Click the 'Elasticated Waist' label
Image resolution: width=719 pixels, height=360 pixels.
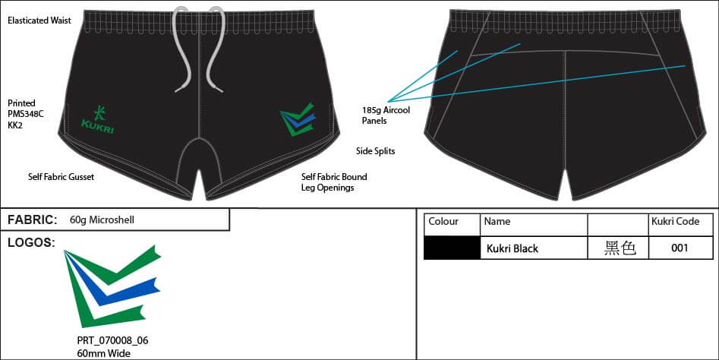pos(39,21)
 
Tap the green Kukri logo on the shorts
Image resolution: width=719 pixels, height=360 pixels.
pos(97,118)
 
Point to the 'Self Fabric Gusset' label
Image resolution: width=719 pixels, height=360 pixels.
pos(61,176)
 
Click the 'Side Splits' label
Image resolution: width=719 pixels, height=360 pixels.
pos(375,151)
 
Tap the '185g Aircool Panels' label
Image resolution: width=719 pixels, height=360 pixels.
pos(386,115)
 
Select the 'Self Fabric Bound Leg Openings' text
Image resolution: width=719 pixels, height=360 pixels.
pos(333,182)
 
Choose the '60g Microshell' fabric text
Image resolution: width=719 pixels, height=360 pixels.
pos(102,220)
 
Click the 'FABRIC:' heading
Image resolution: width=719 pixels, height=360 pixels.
pos(32,220)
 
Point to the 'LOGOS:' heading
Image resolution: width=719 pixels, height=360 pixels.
pos(30,242)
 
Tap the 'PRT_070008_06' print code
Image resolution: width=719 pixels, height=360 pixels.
pos(112,340)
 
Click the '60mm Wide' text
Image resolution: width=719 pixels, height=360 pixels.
pos(103,353)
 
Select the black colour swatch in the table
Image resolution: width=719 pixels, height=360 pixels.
pos(452,248)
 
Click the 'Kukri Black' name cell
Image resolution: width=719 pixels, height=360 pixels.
pos(512,248)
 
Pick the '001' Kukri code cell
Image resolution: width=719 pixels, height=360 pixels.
pos(680,248)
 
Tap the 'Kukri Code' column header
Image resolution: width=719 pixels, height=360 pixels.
pos(675,222)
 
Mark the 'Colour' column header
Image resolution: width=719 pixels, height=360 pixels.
pos(443,222)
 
